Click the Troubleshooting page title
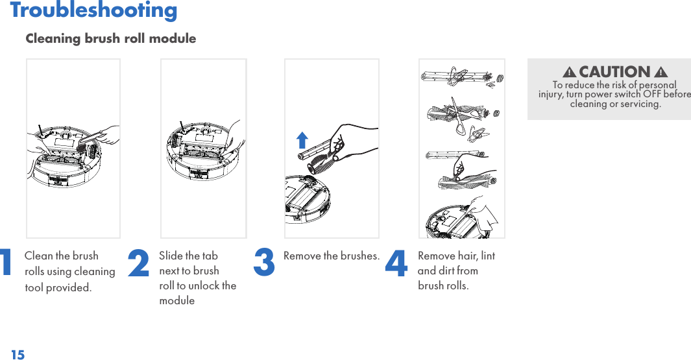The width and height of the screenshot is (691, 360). pos(93,10)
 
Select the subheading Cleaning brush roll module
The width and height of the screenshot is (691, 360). pos(110,38)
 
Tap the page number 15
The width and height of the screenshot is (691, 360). pos(18,355)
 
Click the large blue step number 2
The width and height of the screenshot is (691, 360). pos(138,263)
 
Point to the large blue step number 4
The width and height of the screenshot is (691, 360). pos(396,263)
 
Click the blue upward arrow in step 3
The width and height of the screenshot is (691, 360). pos(302,140)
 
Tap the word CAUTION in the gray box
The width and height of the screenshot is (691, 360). pos(614,71)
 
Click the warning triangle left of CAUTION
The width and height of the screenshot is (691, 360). pos(570,72)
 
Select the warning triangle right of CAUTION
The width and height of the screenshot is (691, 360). pos(661,72)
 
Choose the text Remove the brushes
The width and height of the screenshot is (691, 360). pos(332,256)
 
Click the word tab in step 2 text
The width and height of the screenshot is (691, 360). pos(210,256)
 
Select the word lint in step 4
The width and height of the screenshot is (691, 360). pos(488,256)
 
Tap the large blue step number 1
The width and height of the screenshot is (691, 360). pos(5,263)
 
